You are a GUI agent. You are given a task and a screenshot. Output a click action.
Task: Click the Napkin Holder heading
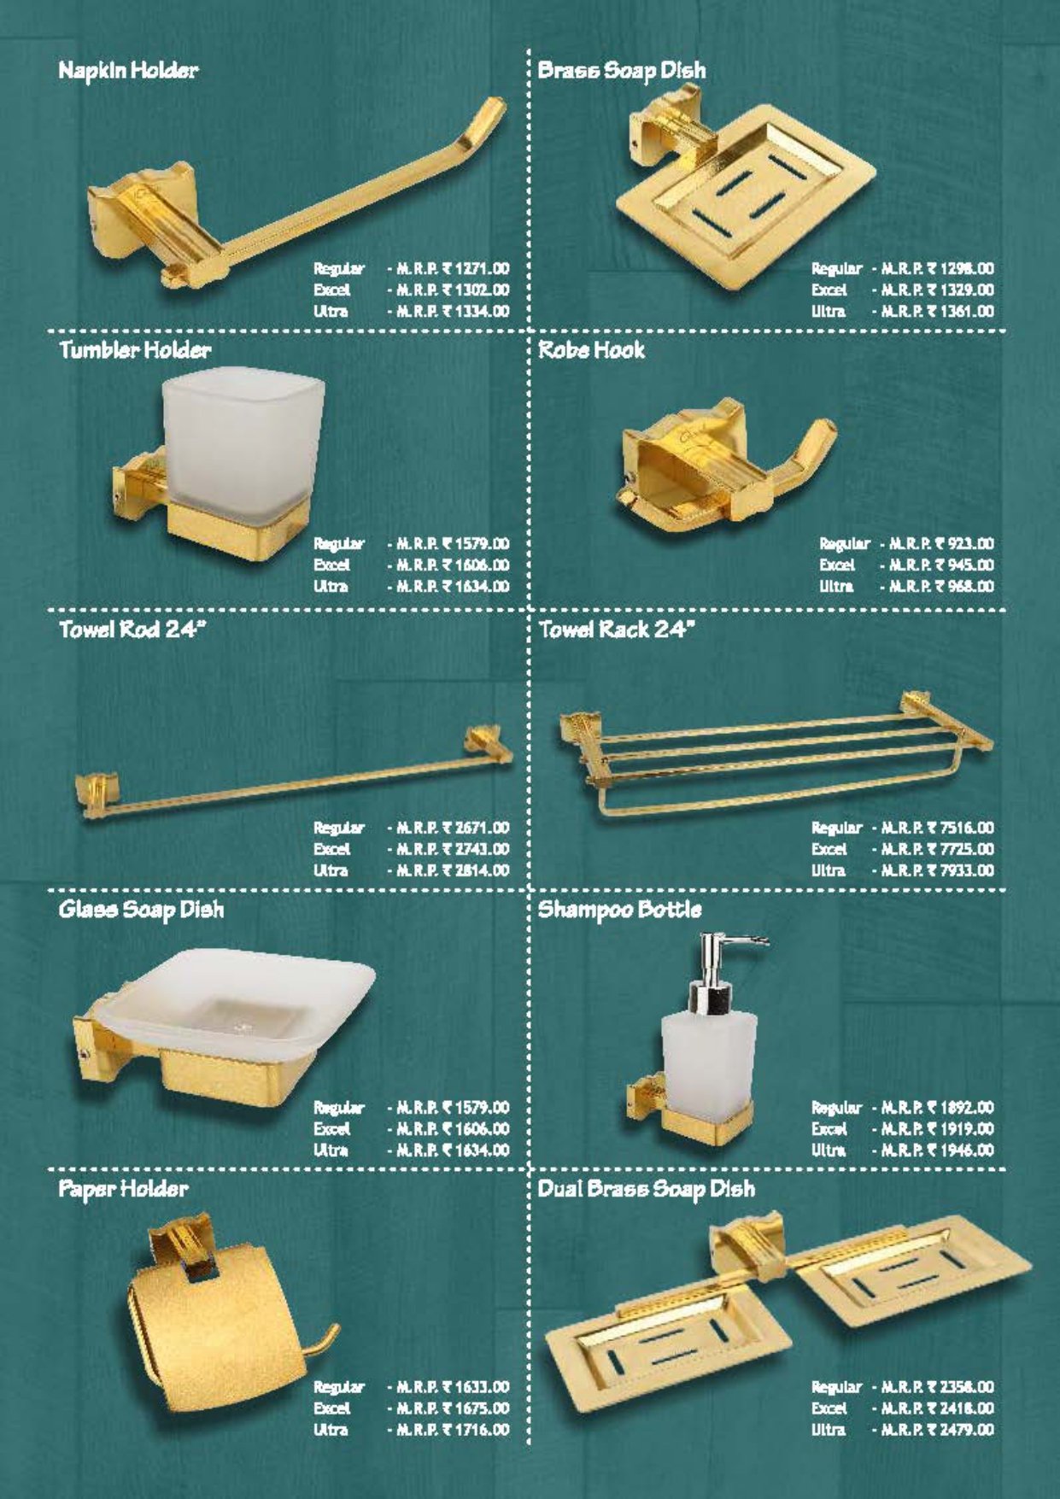(x=128, y=70)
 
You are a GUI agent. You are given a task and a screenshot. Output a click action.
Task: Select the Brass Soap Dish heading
(x=622, y=71)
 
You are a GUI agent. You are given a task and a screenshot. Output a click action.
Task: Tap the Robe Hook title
(x=591, y=349)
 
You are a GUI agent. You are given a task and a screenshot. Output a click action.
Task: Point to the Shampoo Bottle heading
(x=619, y=910)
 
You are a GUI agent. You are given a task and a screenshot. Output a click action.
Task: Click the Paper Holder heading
(x=123, y=1189)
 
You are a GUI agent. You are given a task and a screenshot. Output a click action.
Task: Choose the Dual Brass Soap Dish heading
(x=646, y=1189)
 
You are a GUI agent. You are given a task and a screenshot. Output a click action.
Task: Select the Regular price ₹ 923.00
(x=941, y=543)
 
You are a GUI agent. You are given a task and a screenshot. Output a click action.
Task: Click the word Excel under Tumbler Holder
(x=331, y=565)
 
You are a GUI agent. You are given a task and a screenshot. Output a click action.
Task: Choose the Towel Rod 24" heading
(x=133, y=629)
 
